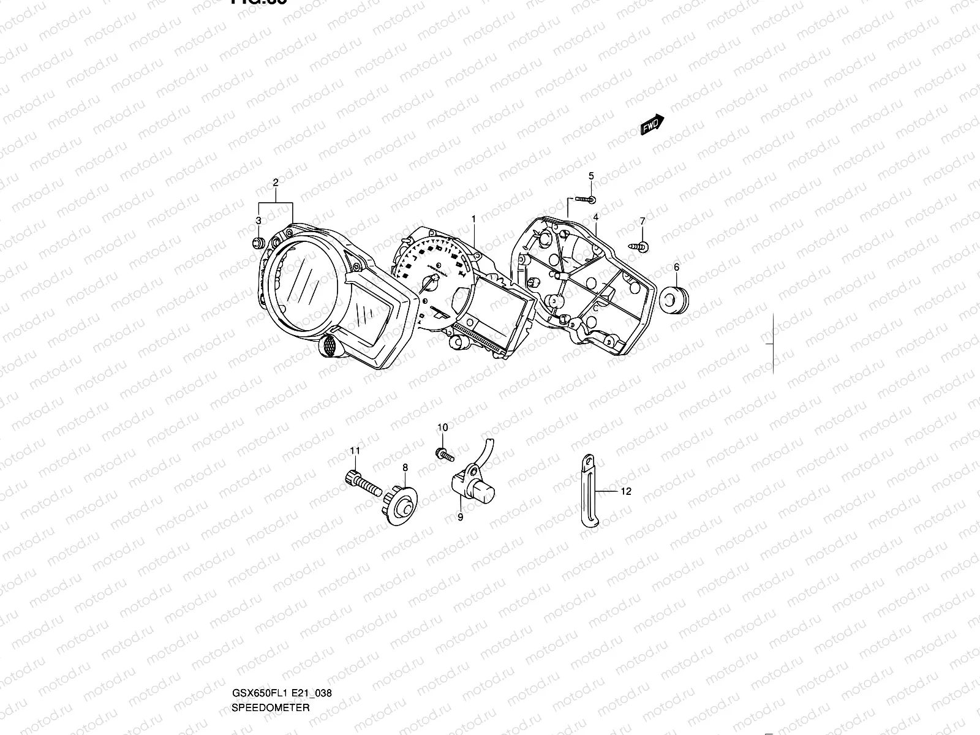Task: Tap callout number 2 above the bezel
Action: (x=276, y=183)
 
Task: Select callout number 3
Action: (x=258, y=221)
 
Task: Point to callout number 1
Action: (x=473, y=219)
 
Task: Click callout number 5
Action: (x=591, y=176)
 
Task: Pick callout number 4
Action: (x=595, y=217)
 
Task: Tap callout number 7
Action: (x=643, y=221)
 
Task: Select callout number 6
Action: (x=676, y=267)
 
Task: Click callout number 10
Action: (x=442, y=427)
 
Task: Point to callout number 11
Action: (x=355, y=451)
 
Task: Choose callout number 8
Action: (x=405, y=467)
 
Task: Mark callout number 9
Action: (x=460, y=518)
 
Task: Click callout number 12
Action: (x=625, y=491)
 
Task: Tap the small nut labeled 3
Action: (x=258, y=242)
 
